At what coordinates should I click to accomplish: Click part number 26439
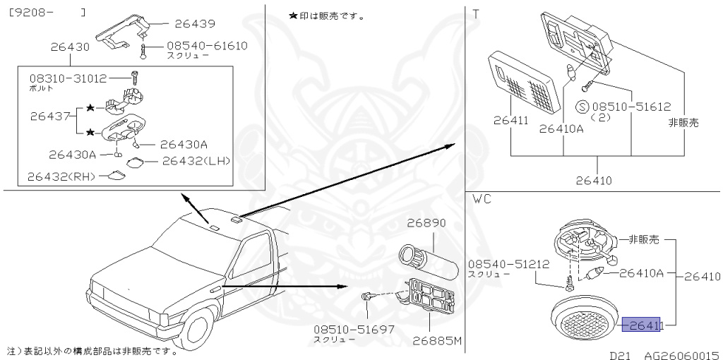194,24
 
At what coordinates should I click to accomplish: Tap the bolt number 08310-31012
68,78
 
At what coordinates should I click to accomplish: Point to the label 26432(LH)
196,160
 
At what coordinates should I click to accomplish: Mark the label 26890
426,223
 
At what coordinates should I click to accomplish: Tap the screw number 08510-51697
354,329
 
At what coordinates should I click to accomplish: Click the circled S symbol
582,107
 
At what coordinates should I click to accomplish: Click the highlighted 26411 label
640,325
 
